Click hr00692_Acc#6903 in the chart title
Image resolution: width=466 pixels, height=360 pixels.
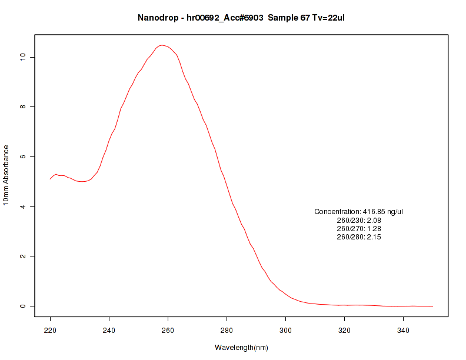225,18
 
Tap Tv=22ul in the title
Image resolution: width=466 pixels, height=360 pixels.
328,18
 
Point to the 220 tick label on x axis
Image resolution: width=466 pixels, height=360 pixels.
51,331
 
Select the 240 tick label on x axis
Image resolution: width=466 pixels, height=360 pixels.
109,331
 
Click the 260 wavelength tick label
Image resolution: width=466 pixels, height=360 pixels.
168,331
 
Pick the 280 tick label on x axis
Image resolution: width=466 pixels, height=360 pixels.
227,331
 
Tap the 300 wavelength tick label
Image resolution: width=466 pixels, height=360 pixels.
286,331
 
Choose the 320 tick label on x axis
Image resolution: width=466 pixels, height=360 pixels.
345,331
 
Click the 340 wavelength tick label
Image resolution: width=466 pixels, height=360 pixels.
404,331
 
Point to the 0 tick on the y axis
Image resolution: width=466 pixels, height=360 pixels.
22,306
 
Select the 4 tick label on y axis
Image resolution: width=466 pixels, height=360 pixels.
22,206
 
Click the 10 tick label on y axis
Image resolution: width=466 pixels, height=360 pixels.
22,57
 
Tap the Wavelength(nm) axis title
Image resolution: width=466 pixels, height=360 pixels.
241,348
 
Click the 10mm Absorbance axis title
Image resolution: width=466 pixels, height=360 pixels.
6,175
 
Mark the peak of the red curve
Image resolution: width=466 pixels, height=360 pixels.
162,45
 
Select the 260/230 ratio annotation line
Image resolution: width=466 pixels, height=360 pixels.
359,220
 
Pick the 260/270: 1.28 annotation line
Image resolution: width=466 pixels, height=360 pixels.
359,228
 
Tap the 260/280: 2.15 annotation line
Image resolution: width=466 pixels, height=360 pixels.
359,237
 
